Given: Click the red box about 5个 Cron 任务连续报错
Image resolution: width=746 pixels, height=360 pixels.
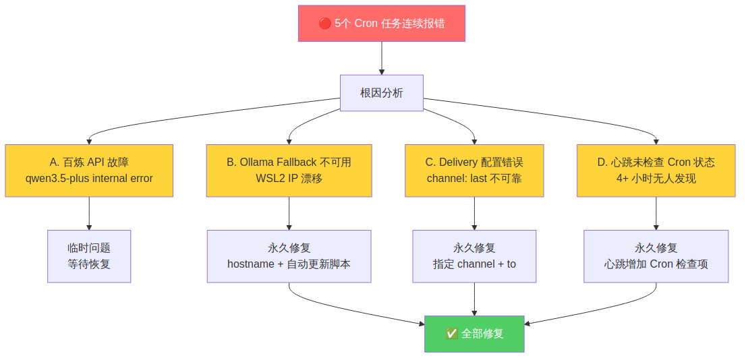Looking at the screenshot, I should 382,24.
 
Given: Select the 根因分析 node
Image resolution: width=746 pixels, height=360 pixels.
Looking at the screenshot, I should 382,93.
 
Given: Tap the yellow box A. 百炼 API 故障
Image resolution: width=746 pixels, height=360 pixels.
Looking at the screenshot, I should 89,171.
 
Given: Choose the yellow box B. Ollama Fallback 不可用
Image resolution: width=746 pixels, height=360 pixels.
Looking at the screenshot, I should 289,171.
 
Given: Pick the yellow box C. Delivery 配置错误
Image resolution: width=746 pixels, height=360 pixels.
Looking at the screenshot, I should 474,171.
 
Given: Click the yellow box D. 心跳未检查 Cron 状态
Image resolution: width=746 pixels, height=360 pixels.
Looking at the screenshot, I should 656,171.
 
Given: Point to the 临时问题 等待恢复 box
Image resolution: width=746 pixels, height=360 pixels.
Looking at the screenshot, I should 89,256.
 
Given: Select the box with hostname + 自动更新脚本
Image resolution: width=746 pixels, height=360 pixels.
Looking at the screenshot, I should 289,256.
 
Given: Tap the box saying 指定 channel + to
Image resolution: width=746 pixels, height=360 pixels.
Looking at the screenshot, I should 474,256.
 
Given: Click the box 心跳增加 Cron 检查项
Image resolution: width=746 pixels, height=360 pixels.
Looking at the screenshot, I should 656,256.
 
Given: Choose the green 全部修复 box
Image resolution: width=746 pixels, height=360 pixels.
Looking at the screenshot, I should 474,334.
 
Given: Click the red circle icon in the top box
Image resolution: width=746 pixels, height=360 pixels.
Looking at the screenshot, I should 325,24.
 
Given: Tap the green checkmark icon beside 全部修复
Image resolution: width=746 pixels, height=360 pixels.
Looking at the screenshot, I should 452,334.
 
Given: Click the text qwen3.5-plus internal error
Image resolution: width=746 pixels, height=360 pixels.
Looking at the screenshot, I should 89,179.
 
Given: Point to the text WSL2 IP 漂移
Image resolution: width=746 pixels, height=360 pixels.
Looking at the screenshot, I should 289,179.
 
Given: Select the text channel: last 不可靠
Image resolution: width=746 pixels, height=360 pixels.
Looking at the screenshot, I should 474,179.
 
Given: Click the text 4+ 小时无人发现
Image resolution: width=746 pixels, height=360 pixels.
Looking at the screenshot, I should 656,179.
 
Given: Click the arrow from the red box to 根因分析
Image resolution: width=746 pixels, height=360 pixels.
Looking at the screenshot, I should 382,58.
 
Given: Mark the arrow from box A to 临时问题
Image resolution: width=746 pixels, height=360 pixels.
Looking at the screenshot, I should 89,213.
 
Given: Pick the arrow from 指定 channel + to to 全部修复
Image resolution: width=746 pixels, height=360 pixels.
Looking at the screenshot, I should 474,299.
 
